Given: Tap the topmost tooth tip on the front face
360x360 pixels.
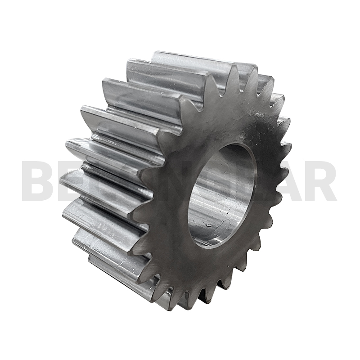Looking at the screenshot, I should [234, 67].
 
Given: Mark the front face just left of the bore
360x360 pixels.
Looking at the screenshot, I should [173, 198].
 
